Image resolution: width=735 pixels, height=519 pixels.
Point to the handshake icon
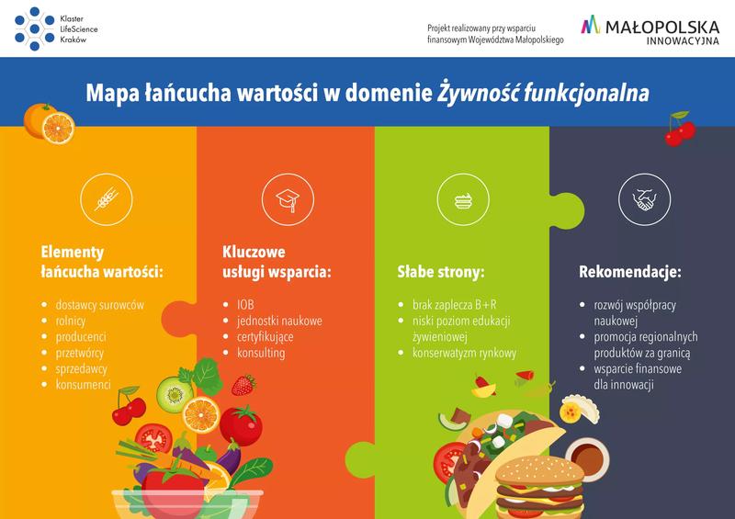click(642, 198)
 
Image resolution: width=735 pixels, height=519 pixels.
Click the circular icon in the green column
click(463, 198)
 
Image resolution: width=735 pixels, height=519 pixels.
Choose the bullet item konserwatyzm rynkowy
click(465, 353)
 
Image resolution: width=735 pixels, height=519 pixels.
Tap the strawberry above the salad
click(243, 383)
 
